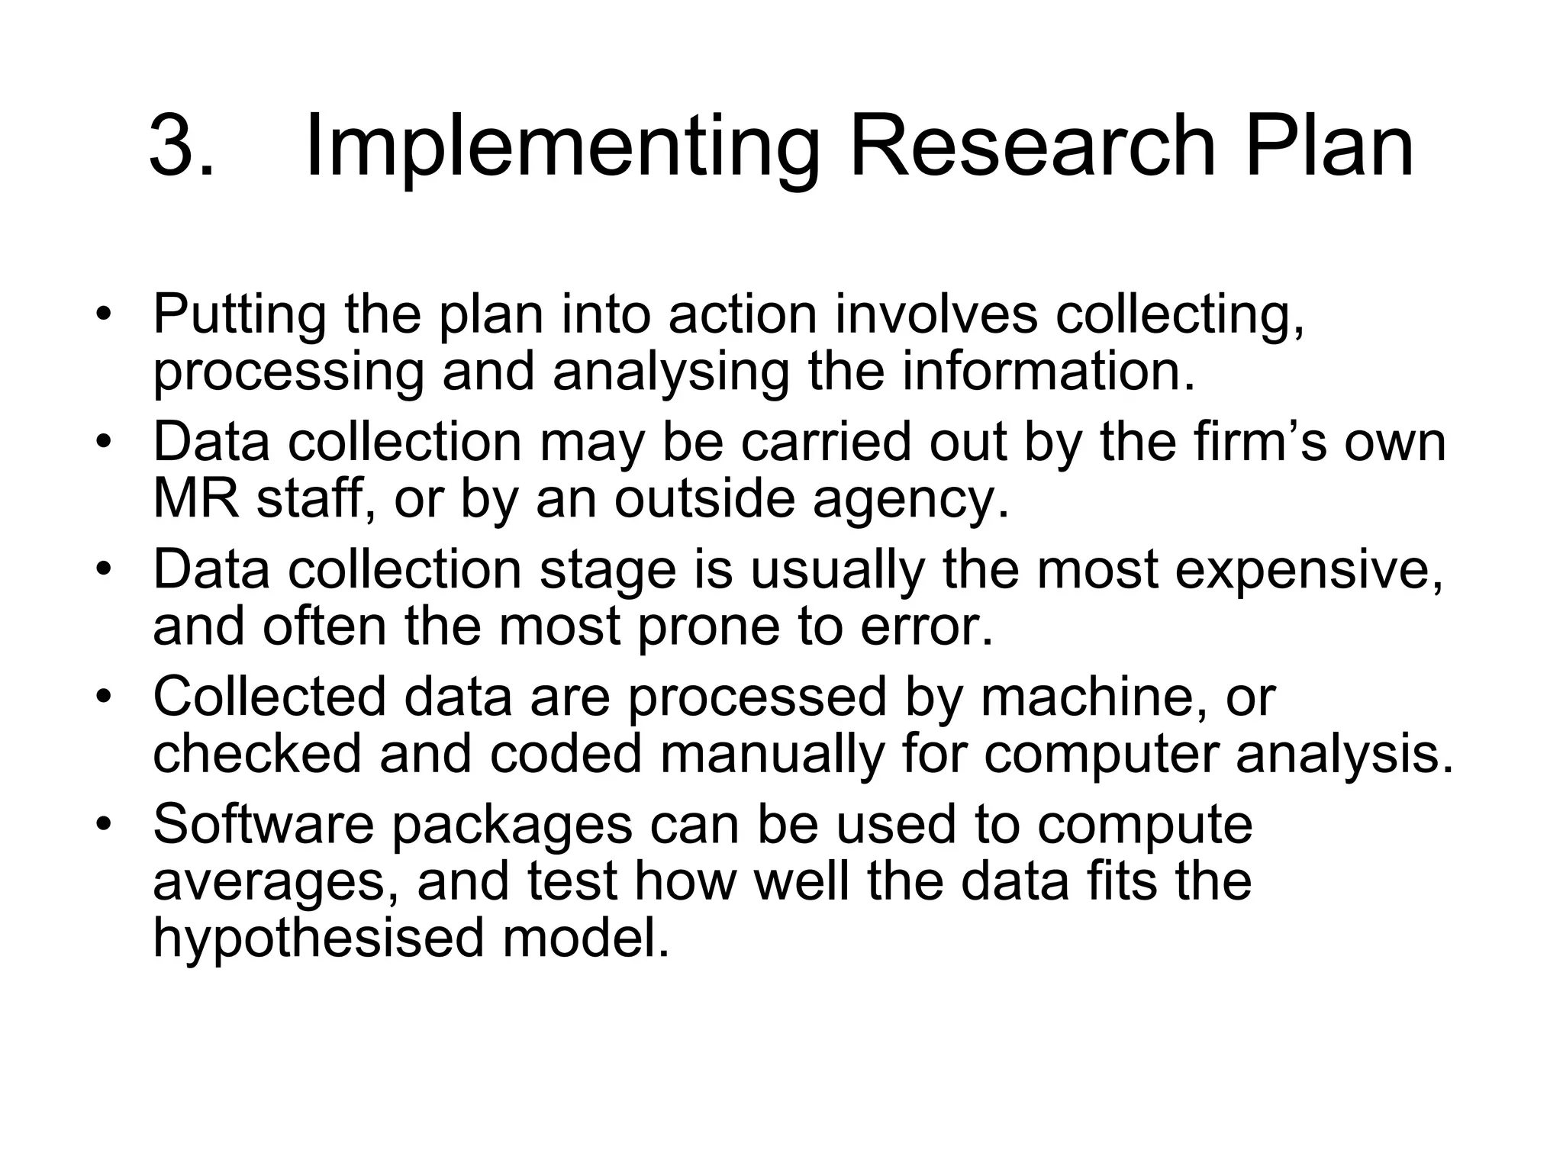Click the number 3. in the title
(182, 145)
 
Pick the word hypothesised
(318, 940)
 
